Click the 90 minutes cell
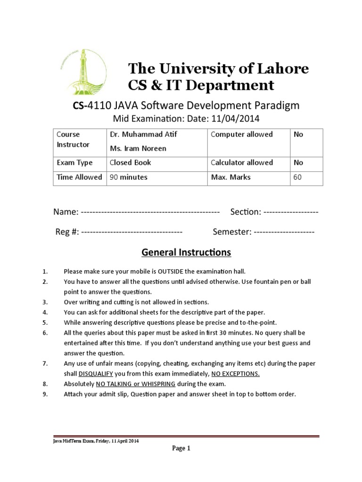click(128, 177)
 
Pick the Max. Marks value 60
click(297, 177)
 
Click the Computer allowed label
click(241, 135)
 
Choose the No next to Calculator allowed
click(298, 163)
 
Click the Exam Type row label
click(74, 163)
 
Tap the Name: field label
click(66, 212)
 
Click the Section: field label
click(245, 212)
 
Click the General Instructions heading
click(186, 253)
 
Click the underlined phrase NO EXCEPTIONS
click(235, 374)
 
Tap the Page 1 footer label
click(181, 449)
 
